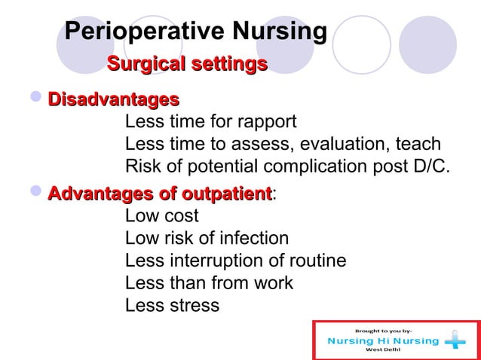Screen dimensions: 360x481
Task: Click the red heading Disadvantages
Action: (x=113, y=99)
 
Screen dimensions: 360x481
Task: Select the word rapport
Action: (x=266, y=123)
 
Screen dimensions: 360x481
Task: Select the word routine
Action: (x=315, y=261)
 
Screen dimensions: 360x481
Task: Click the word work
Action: (x=271, y=283)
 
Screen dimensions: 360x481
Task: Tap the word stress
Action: (x=194, y=306)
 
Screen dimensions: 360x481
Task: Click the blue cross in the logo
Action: (x=455, y=340)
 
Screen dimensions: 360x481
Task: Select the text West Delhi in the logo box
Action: (x=383, y=350)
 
